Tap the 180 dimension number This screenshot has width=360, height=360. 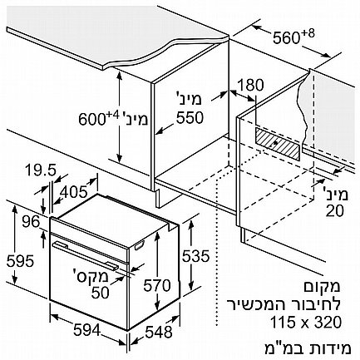pos(250,85)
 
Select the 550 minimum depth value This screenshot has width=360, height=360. pos(190,117)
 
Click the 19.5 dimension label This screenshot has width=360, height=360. pos(41,170)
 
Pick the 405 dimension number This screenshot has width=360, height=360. pos(73,192)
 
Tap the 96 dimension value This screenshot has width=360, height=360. pos(31,222)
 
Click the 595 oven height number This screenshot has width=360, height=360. pos(20,261)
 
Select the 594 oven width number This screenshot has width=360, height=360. pos(86,330)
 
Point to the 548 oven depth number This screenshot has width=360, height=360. pos(159,332)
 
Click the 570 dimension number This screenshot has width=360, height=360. pos(157,285)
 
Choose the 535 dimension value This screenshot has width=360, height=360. pos(195,256)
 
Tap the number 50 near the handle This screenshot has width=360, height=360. pos(101,293)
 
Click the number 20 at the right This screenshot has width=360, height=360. pos(334,211)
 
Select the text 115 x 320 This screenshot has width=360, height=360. pos(306,322)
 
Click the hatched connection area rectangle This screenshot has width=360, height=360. pos(278,144)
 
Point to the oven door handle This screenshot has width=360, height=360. pos(86,255)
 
